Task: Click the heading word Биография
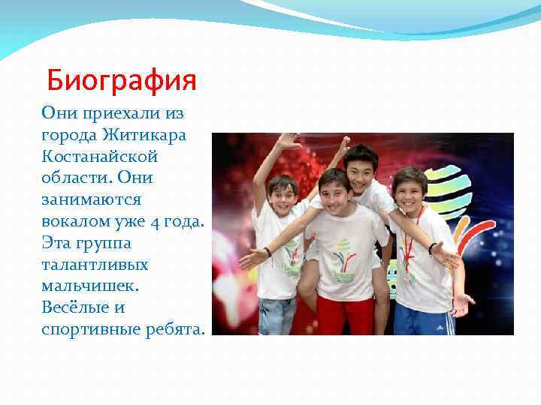121,79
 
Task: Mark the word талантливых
95,265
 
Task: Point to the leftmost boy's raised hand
287,140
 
